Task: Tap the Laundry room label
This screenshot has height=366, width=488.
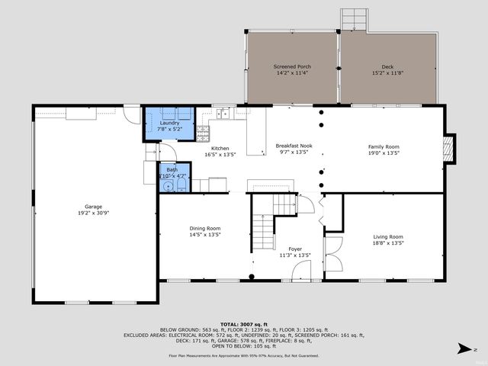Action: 169,123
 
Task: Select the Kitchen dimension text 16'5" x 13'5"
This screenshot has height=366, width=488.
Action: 220,154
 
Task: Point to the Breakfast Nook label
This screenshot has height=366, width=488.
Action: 294,146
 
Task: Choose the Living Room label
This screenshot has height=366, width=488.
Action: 388,236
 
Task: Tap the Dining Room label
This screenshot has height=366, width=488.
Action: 205,228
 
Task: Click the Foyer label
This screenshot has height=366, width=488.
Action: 294,249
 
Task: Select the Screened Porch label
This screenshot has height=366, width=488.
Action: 292,66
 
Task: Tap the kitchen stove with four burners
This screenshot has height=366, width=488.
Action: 203,134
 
